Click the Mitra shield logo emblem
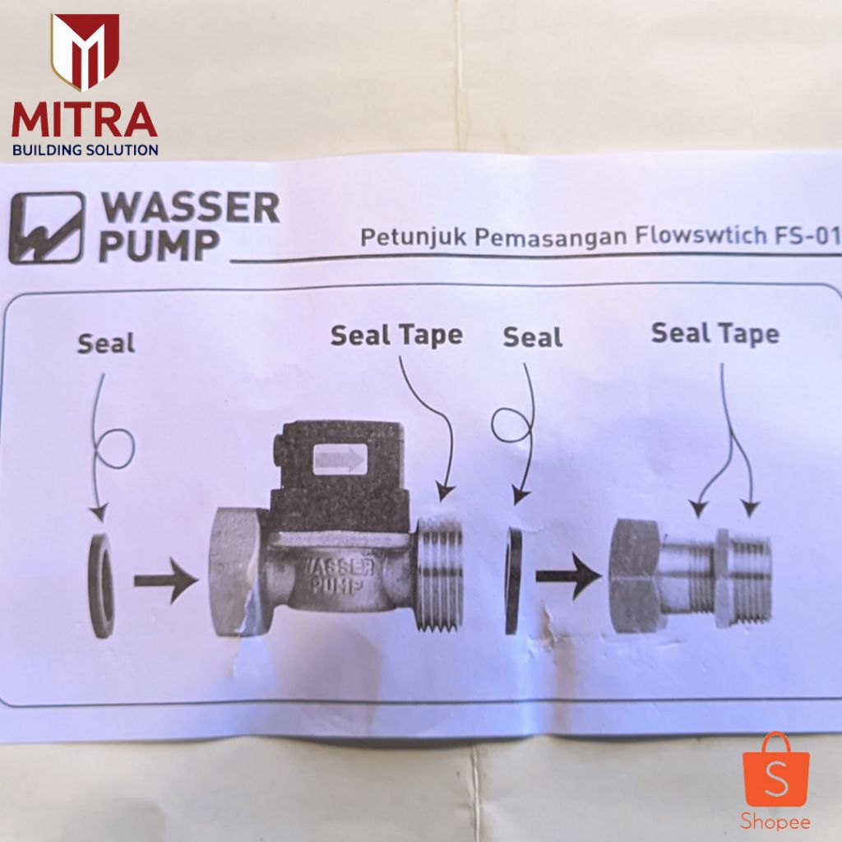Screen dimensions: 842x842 coord(85,51)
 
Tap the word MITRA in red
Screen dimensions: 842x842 coord(85,120)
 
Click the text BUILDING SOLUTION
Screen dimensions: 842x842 coord(86,150)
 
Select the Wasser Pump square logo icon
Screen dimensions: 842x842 coord(47,228)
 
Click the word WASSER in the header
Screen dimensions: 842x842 coord(190,208)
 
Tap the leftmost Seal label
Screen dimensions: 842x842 coord(106,344)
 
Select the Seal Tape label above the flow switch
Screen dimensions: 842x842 coord(396,335)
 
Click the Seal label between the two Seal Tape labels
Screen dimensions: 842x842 coord(533,337)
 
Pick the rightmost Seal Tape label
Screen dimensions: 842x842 coord(715,334)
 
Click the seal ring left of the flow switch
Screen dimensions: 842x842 coord(101,585)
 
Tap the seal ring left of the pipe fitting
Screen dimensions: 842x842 coord(513,581)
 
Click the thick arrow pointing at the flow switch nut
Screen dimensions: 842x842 coord(166,581)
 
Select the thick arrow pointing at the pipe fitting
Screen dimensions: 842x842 coord(569,576)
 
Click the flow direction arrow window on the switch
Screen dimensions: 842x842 coord(340,459)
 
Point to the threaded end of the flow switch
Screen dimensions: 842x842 coord(440,573)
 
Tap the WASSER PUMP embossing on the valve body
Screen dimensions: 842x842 coord(338,576)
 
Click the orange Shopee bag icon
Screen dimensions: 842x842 coord(776,770)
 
